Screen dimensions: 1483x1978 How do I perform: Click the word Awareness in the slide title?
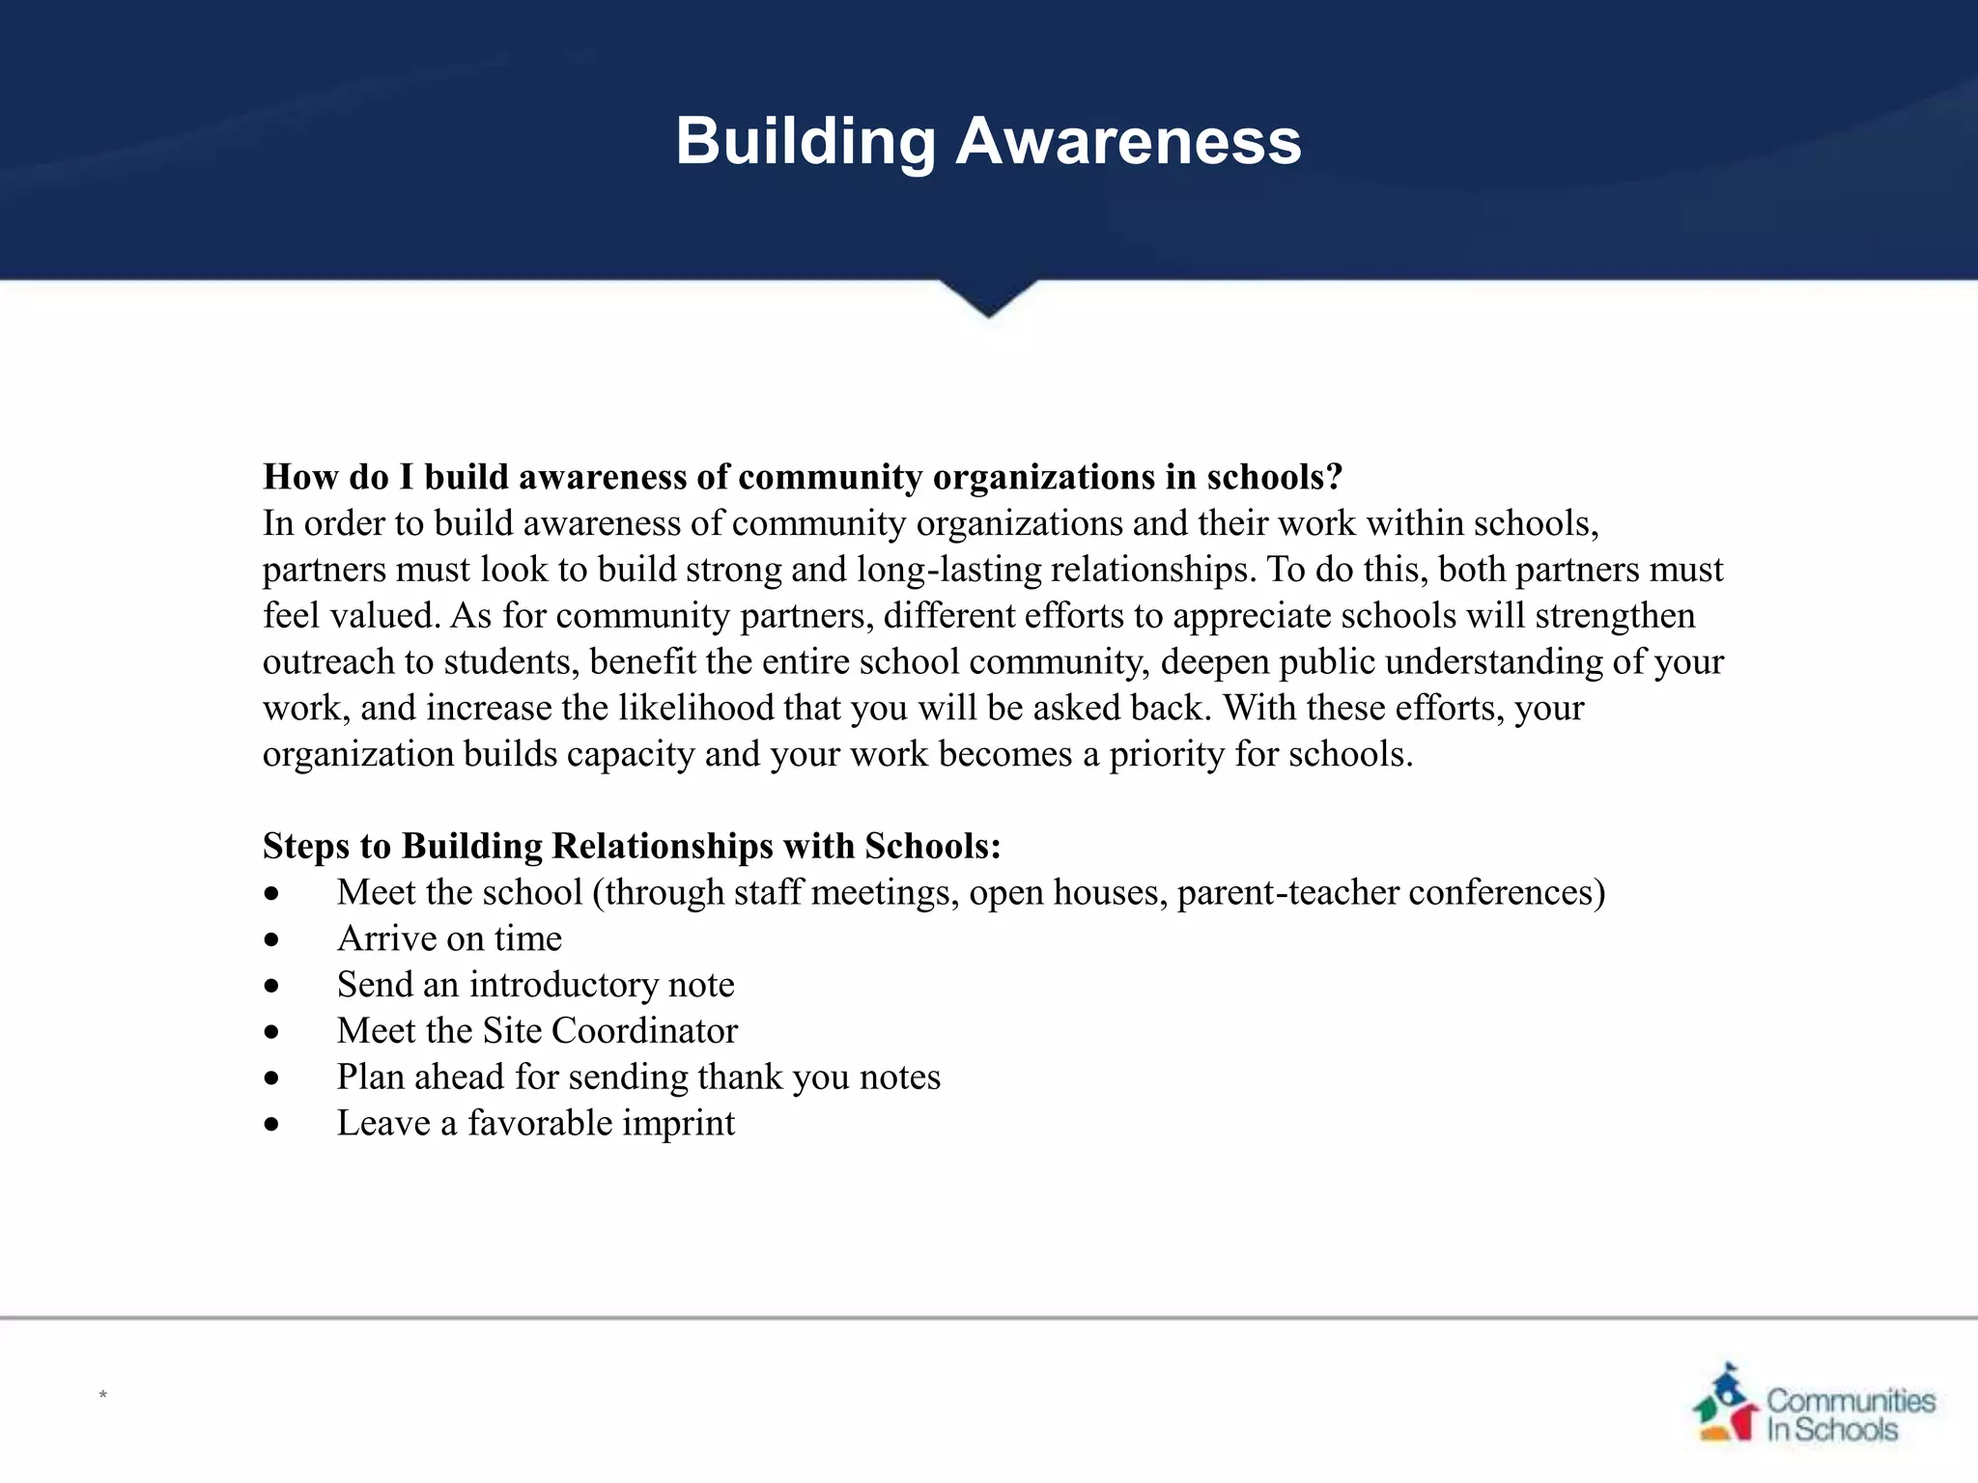[1128, 141]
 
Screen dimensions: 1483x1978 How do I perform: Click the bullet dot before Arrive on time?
[272, 939]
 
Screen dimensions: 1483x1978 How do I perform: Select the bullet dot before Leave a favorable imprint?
[272, 1124]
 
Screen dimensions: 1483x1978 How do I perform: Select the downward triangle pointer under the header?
[988, 297]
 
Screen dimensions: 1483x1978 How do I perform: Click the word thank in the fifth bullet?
[740, 1077]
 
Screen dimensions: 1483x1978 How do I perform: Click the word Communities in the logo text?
[1851, 1400]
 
